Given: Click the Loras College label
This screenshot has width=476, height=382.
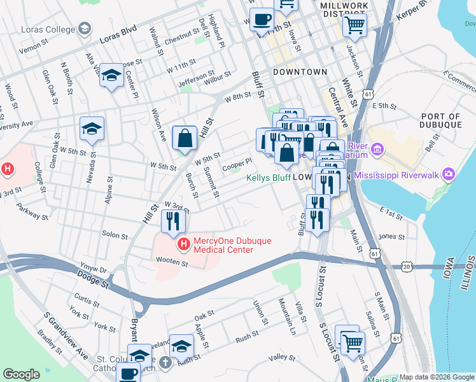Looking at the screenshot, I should (x=47, y=29).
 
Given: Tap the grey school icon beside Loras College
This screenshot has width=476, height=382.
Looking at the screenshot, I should (x=84, y=29).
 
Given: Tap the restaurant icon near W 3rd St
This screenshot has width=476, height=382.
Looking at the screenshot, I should (x=172, y=220).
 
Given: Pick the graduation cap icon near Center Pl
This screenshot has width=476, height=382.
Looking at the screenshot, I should (x=111, y=76).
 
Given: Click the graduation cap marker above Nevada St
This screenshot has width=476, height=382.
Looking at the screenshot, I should (x=92, y=129).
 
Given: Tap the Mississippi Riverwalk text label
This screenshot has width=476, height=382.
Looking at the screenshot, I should (x=398, y=174).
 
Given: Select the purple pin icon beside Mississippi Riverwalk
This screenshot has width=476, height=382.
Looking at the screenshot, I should (x=449, y=174).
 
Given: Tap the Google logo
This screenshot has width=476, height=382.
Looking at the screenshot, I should (x=21, y=374).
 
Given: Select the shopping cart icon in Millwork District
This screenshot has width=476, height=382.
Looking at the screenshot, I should (x=354, y=25).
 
